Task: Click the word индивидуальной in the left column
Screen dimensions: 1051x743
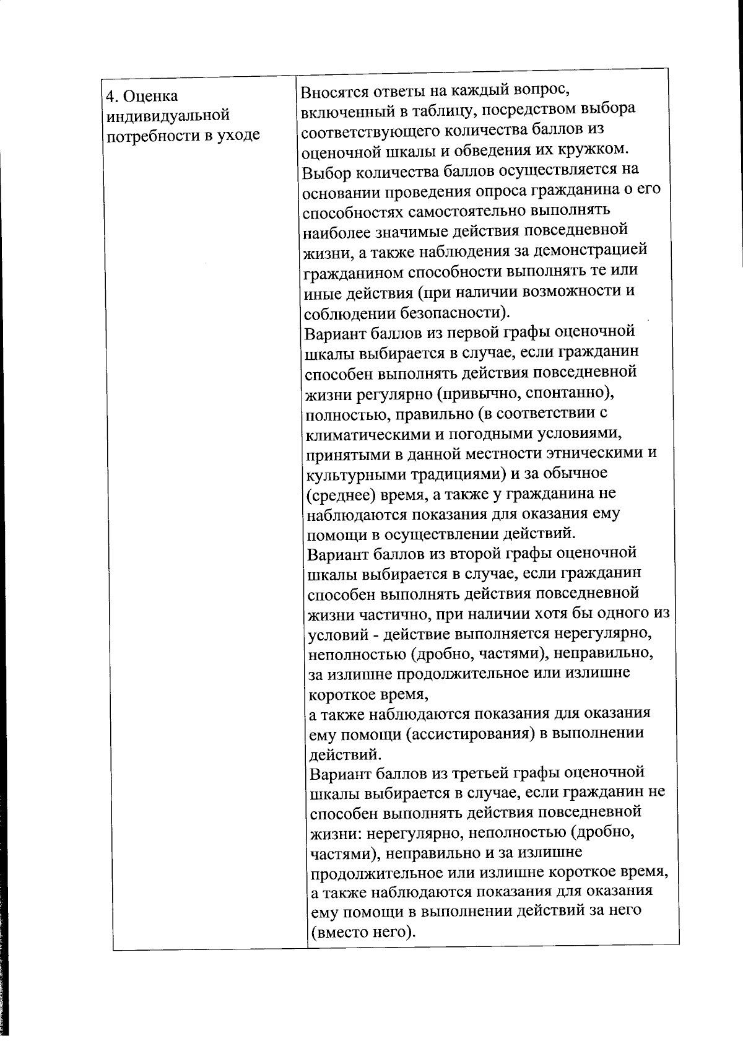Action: [x=168, y=116]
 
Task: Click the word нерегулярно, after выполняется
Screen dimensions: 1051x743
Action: [x=602, y=634]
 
